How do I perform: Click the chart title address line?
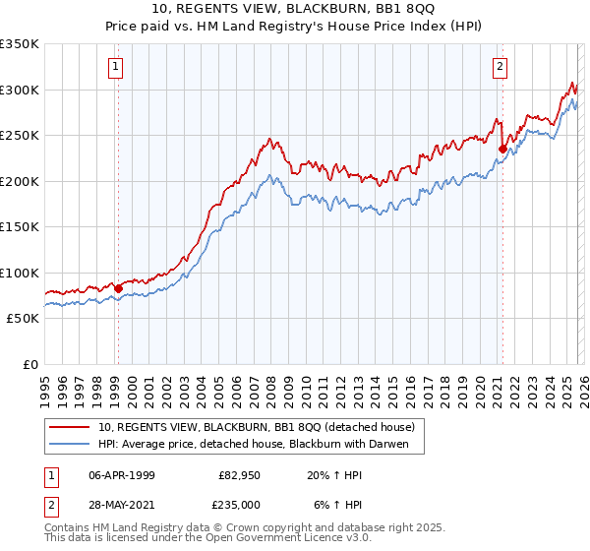(x=294, y=9)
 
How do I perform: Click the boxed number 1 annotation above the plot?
(x=116, y=67)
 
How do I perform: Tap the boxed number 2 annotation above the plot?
(x=500, y=67)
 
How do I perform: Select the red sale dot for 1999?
(x=118, y=288)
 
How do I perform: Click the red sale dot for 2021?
(x=502, y=150)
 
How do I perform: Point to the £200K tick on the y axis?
(x=20, y=181)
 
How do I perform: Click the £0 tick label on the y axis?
(x=29, y=364)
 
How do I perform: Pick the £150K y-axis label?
(x=20, y=227)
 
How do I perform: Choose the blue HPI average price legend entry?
(x=260, y=444)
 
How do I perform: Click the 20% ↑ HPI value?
(x=337, y=473)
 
